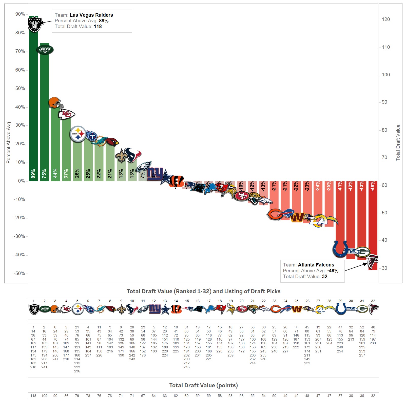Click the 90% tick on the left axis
point(20,14)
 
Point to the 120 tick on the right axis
point(386,19)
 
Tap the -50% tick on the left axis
point(19,274)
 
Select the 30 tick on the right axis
point(384,268)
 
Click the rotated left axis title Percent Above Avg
point(8,143)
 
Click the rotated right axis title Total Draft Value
point(398,143)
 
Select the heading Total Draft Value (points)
point(203,385)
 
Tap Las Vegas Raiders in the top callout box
point(91,15)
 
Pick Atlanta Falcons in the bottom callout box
point(316,265)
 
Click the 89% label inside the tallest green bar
point(33,174)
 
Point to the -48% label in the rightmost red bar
point(373,186)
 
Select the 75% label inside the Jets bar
point(44,174)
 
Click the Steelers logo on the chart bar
point(78,134)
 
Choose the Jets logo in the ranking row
point(45,309)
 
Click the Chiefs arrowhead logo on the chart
point(67,115)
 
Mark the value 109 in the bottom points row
point(44,396)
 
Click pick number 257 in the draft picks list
point(362,355)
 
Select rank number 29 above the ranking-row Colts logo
point(340,301)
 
